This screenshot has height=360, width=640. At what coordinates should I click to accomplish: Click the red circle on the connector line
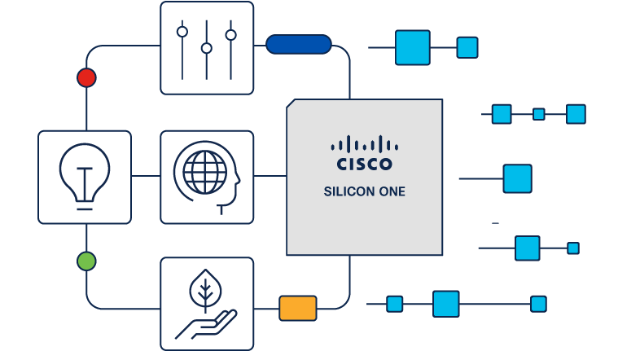coord(86,78)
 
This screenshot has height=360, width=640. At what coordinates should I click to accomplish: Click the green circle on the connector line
coord(86,261)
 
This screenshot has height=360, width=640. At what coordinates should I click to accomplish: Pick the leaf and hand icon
coord(207,304)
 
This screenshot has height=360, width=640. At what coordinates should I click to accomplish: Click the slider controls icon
coord(207,47)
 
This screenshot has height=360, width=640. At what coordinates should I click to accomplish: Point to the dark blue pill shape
coord(299,44)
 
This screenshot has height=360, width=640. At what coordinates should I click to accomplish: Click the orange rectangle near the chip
coord(298,308)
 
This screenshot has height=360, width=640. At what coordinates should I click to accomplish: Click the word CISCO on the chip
coord(364,165)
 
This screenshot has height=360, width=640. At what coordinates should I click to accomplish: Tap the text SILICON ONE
coord(364,193)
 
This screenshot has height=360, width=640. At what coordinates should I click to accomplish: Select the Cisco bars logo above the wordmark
coord(364,144)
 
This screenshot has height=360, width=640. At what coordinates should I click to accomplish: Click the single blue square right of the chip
coord(517,178)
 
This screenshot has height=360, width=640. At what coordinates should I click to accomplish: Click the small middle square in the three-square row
coord(538,114)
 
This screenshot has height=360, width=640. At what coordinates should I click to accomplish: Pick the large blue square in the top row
coord(412,47)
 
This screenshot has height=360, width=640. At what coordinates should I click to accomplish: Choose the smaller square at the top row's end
coord(467,47)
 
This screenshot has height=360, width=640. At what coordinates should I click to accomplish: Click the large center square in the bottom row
coord(446,304)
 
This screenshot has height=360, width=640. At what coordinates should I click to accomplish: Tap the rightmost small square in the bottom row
coord(538,304)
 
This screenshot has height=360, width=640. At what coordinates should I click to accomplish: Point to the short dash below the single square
coord(495,222)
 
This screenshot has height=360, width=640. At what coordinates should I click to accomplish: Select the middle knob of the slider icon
coord(207,49)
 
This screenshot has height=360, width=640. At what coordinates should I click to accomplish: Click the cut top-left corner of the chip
coord(292,105)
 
